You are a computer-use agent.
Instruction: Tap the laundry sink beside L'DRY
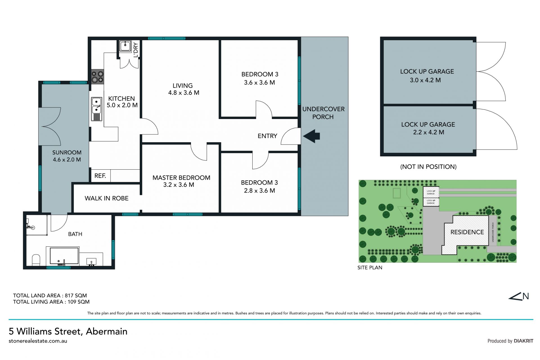(125, 46)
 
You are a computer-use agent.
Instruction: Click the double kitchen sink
(96, 109)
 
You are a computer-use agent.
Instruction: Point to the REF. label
(100, 176)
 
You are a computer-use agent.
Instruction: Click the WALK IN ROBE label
(107, 198)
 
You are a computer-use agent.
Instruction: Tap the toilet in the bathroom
(36, 260)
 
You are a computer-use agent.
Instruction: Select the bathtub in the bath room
(64, 256)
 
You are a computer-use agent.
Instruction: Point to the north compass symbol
(519, 296)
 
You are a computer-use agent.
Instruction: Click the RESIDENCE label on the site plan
(467, 232)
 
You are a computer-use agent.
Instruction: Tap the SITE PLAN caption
(370, 267)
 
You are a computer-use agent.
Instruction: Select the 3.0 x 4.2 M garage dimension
(425, 80)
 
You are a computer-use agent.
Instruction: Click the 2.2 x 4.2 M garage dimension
(429, 132)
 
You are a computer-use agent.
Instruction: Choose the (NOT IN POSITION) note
(428, 167)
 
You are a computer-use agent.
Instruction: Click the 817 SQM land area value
(76, 296)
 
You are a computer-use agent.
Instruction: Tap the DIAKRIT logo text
(523, 341)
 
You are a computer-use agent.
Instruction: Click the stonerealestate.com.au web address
(38, 341)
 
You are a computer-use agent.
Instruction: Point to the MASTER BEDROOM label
(181, 178)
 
